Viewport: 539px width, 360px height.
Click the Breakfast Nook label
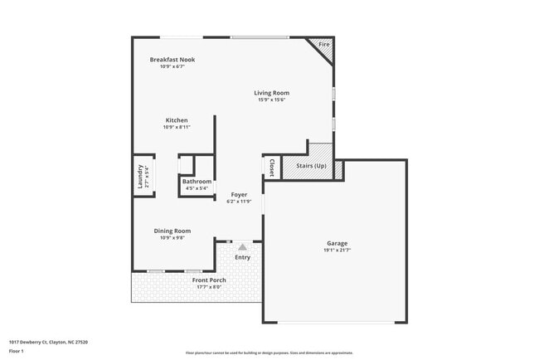pos(172,60)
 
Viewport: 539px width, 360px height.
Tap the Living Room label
pos(272,93)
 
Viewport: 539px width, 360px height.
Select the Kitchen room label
pos(176,120)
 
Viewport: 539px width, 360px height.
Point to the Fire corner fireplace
pos(323,45)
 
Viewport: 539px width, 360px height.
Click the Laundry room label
pos(140,178)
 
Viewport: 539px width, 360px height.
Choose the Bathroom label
pos(197,182)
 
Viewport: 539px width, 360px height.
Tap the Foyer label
pos(239,195)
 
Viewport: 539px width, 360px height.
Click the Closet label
pos(271,167)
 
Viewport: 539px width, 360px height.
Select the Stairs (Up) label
pos(311,167)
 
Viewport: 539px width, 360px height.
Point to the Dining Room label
pos(172,231)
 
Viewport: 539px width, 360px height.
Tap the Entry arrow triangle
pos(242,246)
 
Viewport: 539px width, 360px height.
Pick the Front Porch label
pos(209,280)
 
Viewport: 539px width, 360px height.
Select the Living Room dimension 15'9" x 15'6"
pos(272,100)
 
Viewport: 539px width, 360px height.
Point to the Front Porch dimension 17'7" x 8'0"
pos(209,287)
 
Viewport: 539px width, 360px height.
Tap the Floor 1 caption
pos(17,351)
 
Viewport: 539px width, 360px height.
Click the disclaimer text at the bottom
pos(269,353)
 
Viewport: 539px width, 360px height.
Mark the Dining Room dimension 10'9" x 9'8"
pos(172,238)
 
